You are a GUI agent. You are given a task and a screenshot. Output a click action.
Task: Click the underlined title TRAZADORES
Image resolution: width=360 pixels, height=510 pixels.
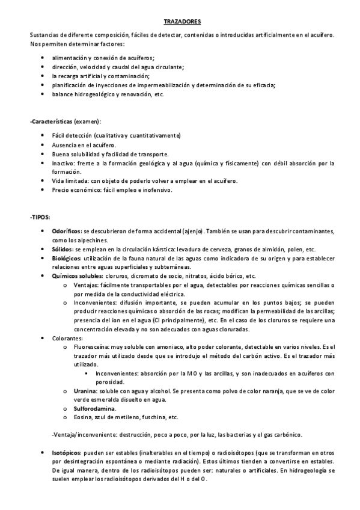180,20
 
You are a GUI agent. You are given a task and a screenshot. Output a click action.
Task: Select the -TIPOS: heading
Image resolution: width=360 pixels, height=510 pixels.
40,217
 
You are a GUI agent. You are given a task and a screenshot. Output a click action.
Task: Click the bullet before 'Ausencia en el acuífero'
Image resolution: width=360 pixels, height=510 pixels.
41,145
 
